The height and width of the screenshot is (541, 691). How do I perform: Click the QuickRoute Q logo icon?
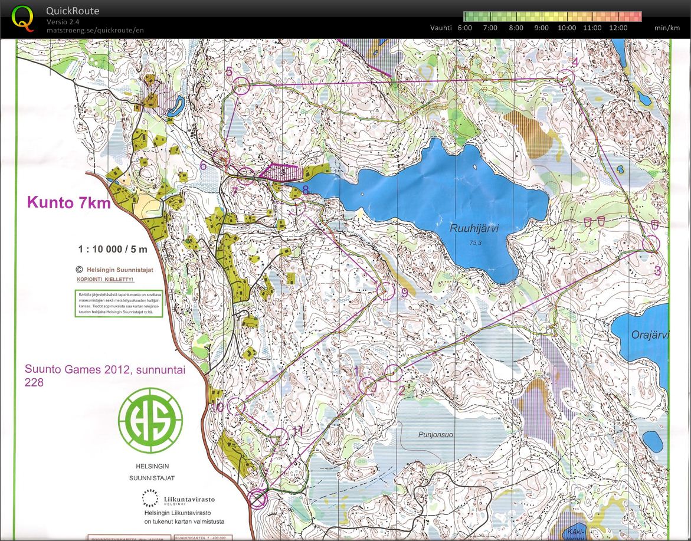tap(22, 18)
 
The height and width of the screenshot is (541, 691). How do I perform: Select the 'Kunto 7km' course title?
tap(68, 203)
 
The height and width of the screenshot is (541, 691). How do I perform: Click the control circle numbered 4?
tap(566, 78)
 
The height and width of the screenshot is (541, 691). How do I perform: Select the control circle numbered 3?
tap(650, 244)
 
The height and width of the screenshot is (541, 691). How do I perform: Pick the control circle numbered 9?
tap(385, 291)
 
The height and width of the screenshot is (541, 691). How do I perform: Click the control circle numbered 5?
tap(242, 86)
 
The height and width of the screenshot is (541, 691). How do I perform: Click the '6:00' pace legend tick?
tap(464, 28)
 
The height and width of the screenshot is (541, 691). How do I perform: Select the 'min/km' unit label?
tap(667, 28)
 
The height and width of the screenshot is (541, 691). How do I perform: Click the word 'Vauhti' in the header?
tap(441, 28)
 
